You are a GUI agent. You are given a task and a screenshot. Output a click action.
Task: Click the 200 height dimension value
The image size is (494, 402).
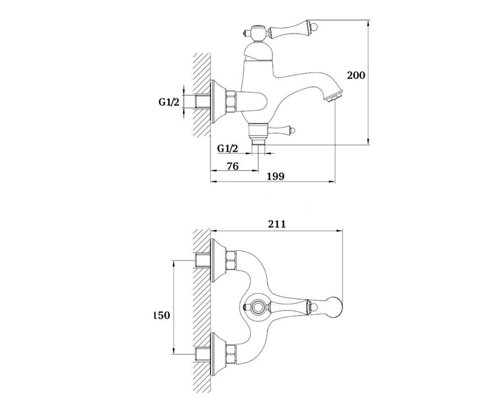356,75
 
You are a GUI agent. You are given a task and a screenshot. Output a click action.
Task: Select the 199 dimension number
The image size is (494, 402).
276,176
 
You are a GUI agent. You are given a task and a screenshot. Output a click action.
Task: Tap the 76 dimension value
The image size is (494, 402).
232,166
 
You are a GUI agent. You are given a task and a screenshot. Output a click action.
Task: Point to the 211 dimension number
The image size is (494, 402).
277,224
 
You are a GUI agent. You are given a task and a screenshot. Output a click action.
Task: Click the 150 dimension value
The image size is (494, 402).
162,315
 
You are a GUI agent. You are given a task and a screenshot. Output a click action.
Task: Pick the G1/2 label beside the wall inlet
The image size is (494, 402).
168,102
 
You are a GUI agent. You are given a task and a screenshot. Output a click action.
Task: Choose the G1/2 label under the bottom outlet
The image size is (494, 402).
228,148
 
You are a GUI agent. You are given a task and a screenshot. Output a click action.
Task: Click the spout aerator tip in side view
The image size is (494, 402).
335,96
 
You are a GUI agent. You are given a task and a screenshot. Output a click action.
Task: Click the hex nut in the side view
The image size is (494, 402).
231,101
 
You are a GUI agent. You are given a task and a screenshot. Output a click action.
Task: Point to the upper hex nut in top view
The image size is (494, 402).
231,260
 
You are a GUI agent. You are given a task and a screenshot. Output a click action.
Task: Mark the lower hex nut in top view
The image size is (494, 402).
231,354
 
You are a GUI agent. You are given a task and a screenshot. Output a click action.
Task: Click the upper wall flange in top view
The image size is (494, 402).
218,260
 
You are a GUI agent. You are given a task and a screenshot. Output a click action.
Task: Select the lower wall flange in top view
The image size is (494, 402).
218,354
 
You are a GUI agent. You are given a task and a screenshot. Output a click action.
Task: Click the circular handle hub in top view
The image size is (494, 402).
257,306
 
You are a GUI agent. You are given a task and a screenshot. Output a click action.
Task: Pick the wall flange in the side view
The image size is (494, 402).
218,101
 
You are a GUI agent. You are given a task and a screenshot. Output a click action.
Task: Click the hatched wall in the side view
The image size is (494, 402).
201,94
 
